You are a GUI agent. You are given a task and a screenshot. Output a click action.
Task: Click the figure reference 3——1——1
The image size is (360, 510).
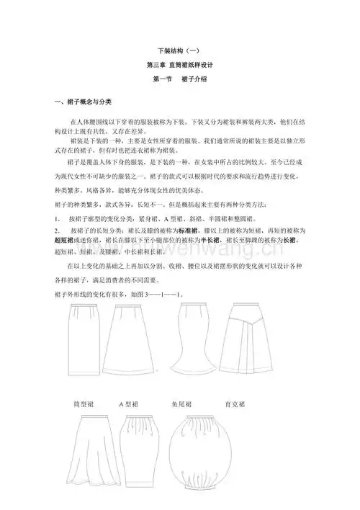click(169, 295)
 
